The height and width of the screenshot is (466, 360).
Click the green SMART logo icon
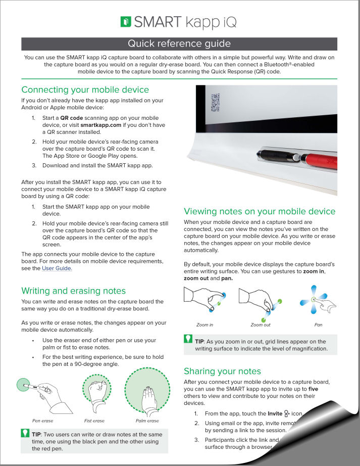pyautogui.click(x=126, y=22)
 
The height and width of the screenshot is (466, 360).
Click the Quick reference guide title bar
pyautogui.click(x=179, y=43)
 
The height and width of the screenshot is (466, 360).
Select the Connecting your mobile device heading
pyautogui.click(x=85, y=89)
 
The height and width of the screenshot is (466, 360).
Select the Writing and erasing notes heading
pyautogui.click(x=73, y=291)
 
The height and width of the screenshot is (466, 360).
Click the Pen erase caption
pyautogui.click(x=42, y=421)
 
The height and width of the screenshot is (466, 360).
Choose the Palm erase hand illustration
pyautogui.click(x=147, y=392)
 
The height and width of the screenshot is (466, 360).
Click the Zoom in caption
pyautogui.click(x=204, y=324)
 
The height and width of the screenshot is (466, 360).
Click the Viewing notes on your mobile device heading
pyautogui.click(x=260, y=211)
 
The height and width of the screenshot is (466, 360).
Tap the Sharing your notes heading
pyautogui.click(x=222, y=371)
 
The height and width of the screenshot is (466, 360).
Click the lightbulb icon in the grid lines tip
pyautogui.click(x=188, y=339)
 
